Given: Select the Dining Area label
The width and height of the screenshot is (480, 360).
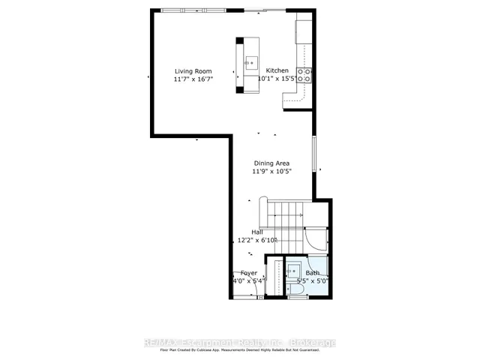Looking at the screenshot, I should pyautogui.click(x=271, y=163).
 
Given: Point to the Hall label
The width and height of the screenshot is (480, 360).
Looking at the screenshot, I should pyautogui.click(x=256, y=232).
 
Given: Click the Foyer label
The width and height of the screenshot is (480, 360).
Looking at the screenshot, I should pyautogui.click(x=249, y=273).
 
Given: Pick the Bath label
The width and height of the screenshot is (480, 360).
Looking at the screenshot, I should pyautogui.click(x=313, y=273).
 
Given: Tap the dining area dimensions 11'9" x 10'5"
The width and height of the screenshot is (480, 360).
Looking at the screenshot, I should pyautogui.click(x=271, y=171).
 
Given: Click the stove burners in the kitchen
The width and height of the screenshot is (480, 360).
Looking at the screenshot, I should pyautogui.click(x=304, y=74).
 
